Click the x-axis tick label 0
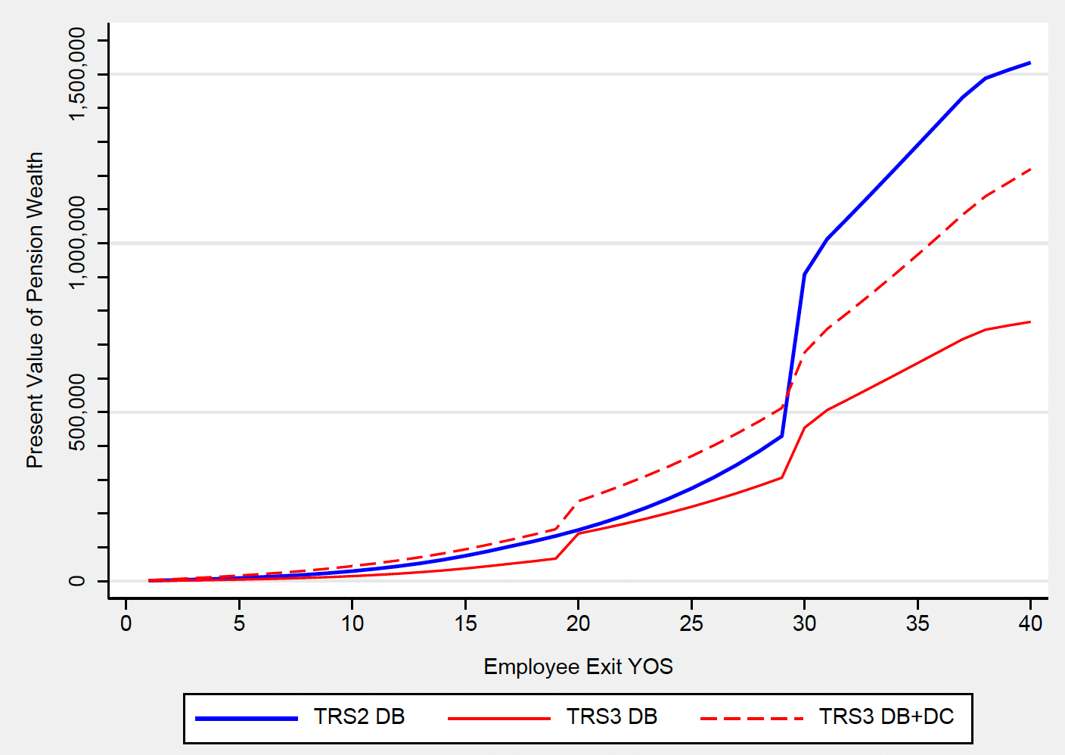point(126,623)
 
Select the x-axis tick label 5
point(239,623)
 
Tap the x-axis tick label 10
point(352,623)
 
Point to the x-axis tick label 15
point(465,623)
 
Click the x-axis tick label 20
point(578,623)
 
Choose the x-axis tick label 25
point(691,623)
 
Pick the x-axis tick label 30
point(804,623)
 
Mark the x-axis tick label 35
point(918,623)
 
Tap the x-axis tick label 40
point(1030,623)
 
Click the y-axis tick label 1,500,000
point(77,73)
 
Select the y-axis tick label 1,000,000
point(77,243)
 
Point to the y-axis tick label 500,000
point(77,412)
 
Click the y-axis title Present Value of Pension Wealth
point(35,310)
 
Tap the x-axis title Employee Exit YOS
point(578,666)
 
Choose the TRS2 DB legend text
point(359,716)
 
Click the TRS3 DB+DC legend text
point(886,716)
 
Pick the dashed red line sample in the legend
point(752,718)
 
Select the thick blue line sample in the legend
point(247,718)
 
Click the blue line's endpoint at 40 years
point(1030,63)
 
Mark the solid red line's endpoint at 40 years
point(1030,322)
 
